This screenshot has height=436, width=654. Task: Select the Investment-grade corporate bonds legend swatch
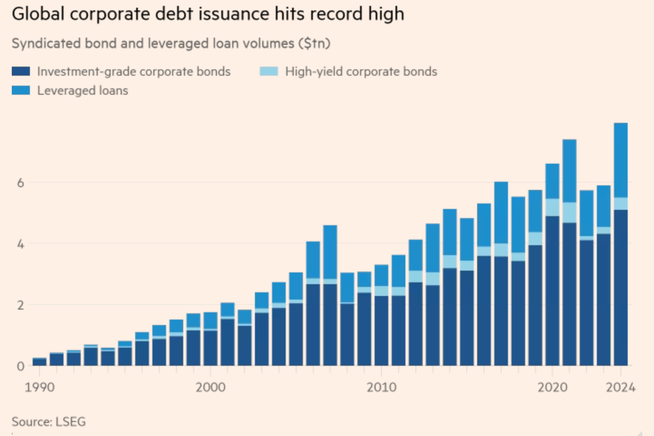click(21, 71)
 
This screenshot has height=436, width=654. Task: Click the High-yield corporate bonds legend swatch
click(269, 71)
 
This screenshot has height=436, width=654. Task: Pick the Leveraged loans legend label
click(82, 91)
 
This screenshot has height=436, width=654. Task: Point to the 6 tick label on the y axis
click(20, 183)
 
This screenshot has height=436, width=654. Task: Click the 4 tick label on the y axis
click(20, 244)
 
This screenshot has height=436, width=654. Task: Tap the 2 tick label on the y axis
click(20, 305)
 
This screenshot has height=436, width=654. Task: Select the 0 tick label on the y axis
click(20, 366)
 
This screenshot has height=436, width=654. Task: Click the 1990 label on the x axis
click(40, 387)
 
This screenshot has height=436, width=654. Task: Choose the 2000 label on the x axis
click(210, 387)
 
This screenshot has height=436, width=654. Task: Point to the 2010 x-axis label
click(381, 387)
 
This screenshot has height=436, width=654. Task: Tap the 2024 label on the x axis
click(620, 387)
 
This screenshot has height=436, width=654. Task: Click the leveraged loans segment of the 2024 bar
click(620, 160)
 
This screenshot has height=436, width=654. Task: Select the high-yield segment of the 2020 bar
click(552, 207)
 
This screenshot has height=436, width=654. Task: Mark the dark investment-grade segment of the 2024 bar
click(620, 287)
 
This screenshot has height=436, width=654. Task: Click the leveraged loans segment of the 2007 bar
click(330, 252)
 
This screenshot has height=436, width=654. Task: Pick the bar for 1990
click(40, 362)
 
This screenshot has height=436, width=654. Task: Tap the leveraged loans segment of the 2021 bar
click(570, 171)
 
